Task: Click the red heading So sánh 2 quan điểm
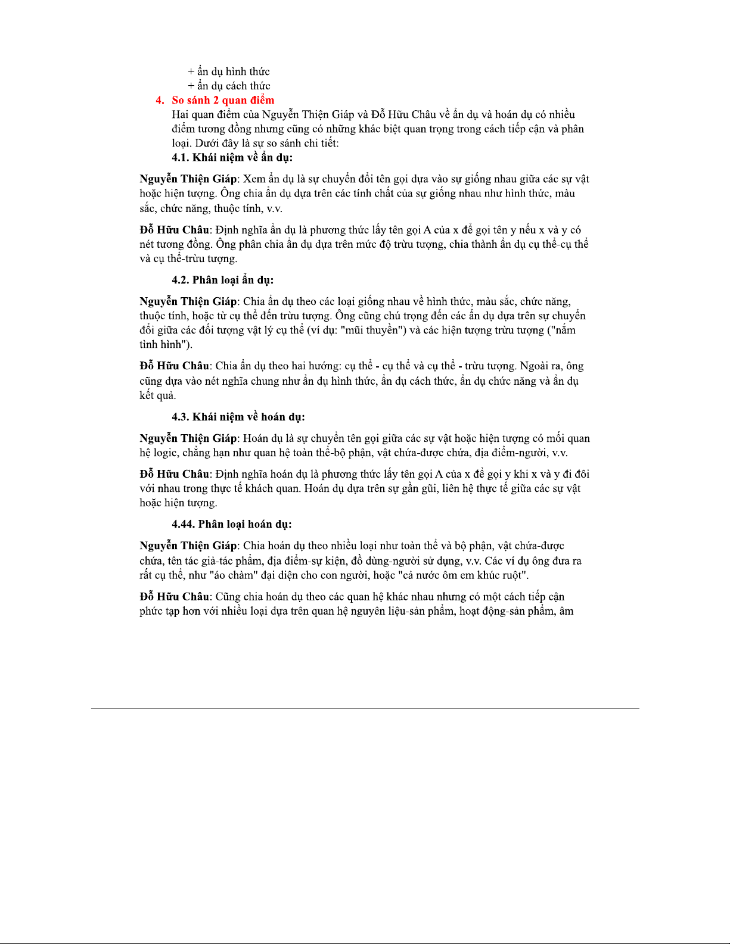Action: coord(223,100)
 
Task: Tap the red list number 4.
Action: coord(160,100)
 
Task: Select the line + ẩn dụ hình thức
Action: coord(229,71)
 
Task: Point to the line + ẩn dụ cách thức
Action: coord(229,86)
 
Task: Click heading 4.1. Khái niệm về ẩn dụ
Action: coord(232,157)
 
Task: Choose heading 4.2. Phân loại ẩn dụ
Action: coord(222,280)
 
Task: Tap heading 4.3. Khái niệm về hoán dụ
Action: coord(238,417)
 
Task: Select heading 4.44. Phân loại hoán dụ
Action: coord(231,524)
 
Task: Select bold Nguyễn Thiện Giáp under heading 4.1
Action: coord(188,179)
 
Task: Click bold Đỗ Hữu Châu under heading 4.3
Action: coord(174,474)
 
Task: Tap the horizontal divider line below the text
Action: coord(365,708)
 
